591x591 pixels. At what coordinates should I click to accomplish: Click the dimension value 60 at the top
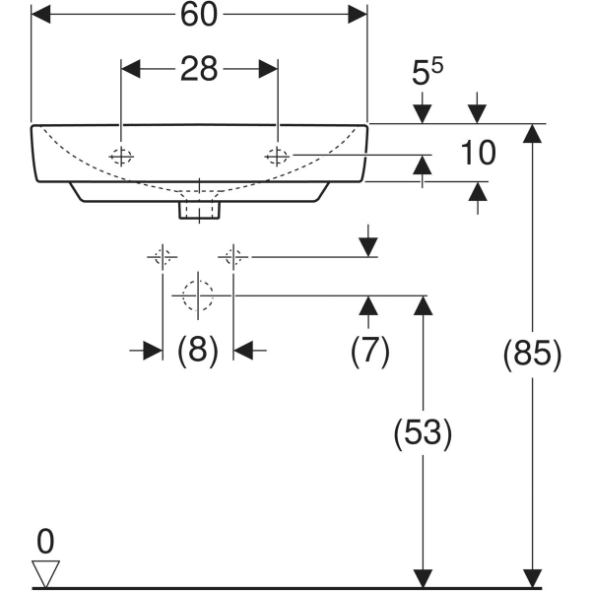pos(199,15)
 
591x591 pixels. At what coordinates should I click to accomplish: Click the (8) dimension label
pos(197,350)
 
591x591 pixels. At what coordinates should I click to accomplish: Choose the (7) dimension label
pos(369,350)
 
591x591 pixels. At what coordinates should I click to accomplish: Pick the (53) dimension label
pos(423,432)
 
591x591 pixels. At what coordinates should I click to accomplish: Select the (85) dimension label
pos(532,355)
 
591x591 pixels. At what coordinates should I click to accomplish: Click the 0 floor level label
pos(44,541)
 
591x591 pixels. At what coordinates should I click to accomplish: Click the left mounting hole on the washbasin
pos(121,156)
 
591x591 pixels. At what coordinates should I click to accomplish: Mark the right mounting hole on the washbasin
pos(278,156)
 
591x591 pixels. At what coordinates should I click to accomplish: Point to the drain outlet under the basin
pos(199,209)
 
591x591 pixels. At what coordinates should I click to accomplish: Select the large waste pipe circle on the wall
pos(197,294)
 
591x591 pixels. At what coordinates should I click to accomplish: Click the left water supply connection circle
pos(162,258)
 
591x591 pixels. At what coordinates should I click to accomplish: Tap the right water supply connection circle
pos(233,258)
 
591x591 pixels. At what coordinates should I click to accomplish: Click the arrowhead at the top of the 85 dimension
pos(533,135)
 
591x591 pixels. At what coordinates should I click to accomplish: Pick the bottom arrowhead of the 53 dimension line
pos(423,578)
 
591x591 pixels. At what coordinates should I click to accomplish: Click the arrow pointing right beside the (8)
pos(153,350)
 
